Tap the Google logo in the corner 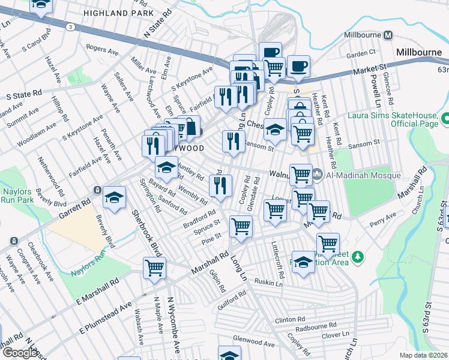pyautogui.click(x=20, y=353)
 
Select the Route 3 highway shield pyautogui.click(x=71, y=27)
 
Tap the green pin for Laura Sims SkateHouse pyautogui.click(x=445, y=119)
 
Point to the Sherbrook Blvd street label pyautogui.click(x=139, y=225)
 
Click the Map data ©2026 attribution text pyautogui.click(x=424, y=355)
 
